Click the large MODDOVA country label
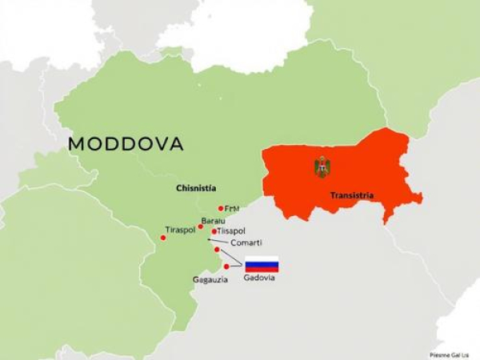[x=126, y=144]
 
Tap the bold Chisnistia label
[x=196, y=188]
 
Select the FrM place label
[x=232, y=208]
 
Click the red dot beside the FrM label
[x=221, y=208]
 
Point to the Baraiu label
[x=214, y=221]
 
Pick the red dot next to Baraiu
[x=200, y=226]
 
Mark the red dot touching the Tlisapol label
[x=214, y=232]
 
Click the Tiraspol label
[x=181, y=230]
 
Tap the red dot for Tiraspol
[x=163, y=238]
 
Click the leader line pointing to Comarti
[x=216, y=239]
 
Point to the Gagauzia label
[x=210, y=279]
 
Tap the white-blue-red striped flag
[x=262, y=264]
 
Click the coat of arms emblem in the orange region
[x=322, y=167]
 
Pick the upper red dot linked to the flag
[x=216, y=250]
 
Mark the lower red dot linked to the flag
[x=226, y=266]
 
